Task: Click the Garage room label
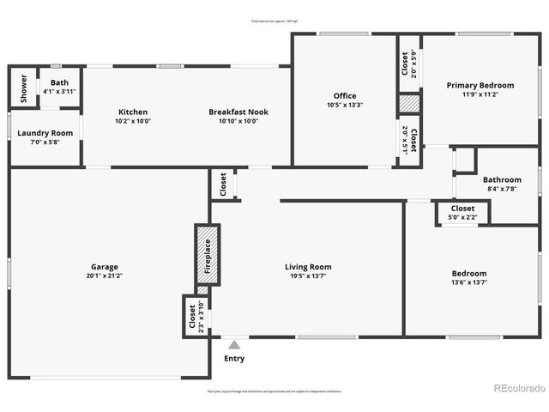[x=105, y=267]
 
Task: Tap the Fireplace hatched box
[x=207, y=255]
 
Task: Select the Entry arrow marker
[x=233, y=345]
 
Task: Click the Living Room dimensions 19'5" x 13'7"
[x=308, y=276]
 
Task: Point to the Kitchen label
[x=133, y=112]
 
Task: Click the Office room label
[x=345, y=96]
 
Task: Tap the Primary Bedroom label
[x=480, y=85]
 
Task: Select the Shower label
[x=24, y=88]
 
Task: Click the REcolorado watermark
[x=519, y=388]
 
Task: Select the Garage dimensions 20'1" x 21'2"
[x=105, y=276]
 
